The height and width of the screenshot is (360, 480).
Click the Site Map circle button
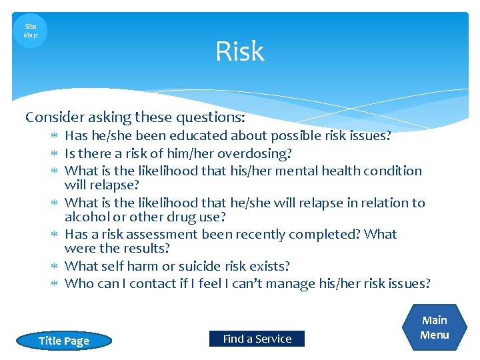click(x=30, y=31)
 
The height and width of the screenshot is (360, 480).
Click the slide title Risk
click(x=239, y=52)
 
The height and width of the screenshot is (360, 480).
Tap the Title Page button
click(x=64, y=341)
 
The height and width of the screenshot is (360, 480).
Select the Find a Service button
click(x=257, y=339)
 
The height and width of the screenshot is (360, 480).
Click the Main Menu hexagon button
click(x=435, y=328)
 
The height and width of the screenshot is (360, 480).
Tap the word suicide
click(x=201, y=266)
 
